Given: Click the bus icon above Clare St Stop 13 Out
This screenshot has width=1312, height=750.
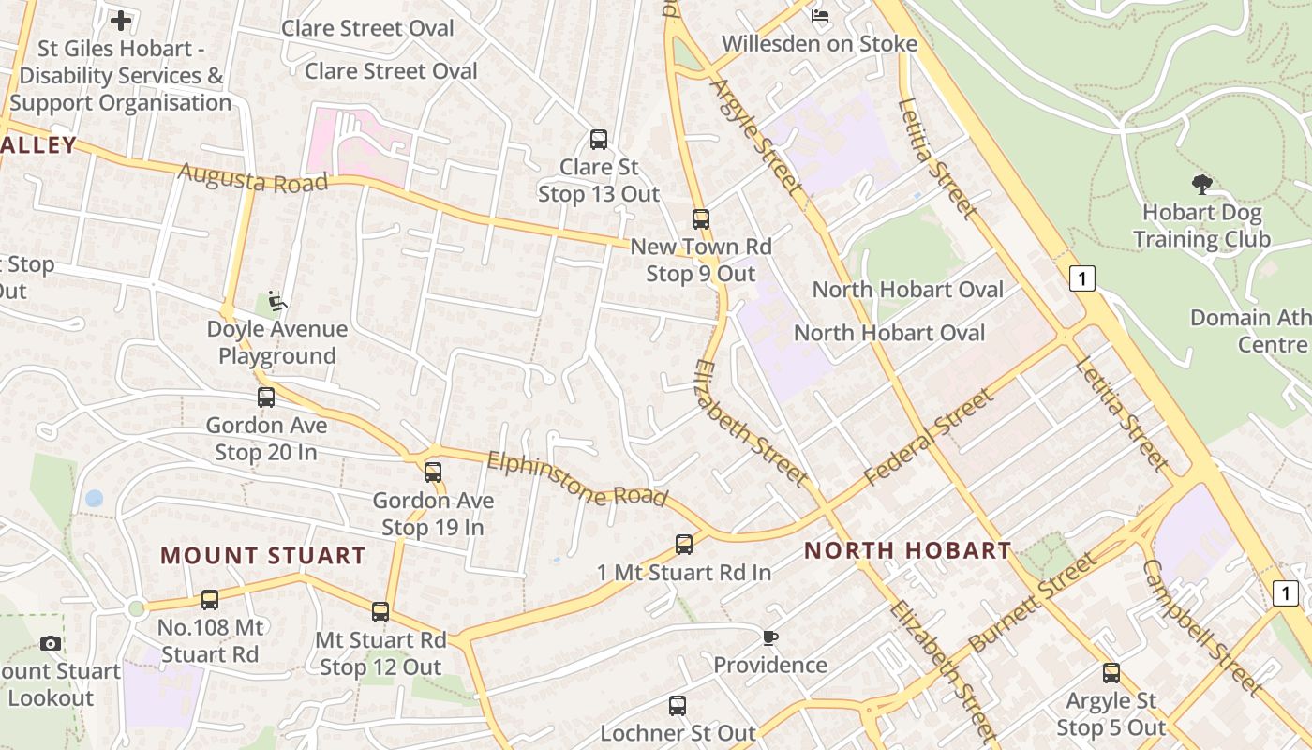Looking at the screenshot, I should (x=599, y=140).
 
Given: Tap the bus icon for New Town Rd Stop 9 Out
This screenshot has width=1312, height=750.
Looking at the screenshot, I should (x=701, y=219).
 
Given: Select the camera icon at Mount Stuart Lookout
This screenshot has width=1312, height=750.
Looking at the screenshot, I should (x=51, y=643).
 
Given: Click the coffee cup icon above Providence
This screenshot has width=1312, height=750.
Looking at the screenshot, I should (x=769, y=637).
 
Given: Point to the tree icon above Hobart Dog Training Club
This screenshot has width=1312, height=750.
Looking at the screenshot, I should (x=1201, y=184).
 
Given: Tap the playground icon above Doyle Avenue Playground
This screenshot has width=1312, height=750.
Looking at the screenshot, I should (x=276, y=301).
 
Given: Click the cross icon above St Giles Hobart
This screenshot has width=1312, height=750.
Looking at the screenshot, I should (x=121, y=20).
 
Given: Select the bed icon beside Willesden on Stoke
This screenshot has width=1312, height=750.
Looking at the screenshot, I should (x=820, y=15).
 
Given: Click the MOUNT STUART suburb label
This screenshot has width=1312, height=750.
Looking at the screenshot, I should (x=262, y=555).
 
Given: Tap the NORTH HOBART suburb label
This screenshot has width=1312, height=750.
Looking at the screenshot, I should (x=907, y=550).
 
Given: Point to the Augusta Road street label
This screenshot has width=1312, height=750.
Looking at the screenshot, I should (x=253, y=177).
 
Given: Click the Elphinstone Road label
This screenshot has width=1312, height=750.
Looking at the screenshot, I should (x=577, y=479).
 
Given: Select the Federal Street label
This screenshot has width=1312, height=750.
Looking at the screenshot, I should (x=928, y=438).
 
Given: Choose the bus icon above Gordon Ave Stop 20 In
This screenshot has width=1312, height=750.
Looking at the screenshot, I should (x=266, y=397).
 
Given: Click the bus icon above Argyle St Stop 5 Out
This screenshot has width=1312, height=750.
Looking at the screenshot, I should (x=1111, y=672).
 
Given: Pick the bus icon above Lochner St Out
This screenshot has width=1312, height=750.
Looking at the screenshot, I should (x=678, y=706).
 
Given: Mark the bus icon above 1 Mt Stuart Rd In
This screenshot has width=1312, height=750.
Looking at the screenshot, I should (x=684, y=544).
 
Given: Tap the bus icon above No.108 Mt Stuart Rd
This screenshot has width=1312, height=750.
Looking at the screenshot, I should (x=210, y=600).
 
